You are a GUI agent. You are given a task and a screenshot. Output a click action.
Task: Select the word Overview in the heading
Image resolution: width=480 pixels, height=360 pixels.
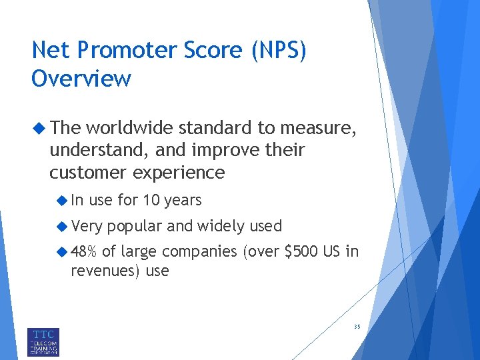click(x=81, y=78)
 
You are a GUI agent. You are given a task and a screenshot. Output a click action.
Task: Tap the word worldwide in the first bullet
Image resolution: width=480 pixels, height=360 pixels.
click(x=127, y=127)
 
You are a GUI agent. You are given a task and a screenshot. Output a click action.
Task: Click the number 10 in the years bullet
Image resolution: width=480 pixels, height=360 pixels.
click(x=151, y=200)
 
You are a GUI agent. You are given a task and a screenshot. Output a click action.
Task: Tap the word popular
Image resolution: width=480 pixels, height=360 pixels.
click(x=135, y=226)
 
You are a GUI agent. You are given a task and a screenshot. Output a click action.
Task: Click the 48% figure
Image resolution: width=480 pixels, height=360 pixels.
click(x=84, y=252)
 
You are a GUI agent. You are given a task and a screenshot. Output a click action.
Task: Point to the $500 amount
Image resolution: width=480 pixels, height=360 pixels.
click(x=301, y=252)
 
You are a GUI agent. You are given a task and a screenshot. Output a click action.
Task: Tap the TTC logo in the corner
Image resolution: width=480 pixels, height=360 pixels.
click(x=43, y=341)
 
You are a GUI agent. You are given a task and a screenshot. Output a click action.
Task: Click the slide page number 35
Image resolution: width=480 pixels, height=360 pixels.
click(x=357, y=327)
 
